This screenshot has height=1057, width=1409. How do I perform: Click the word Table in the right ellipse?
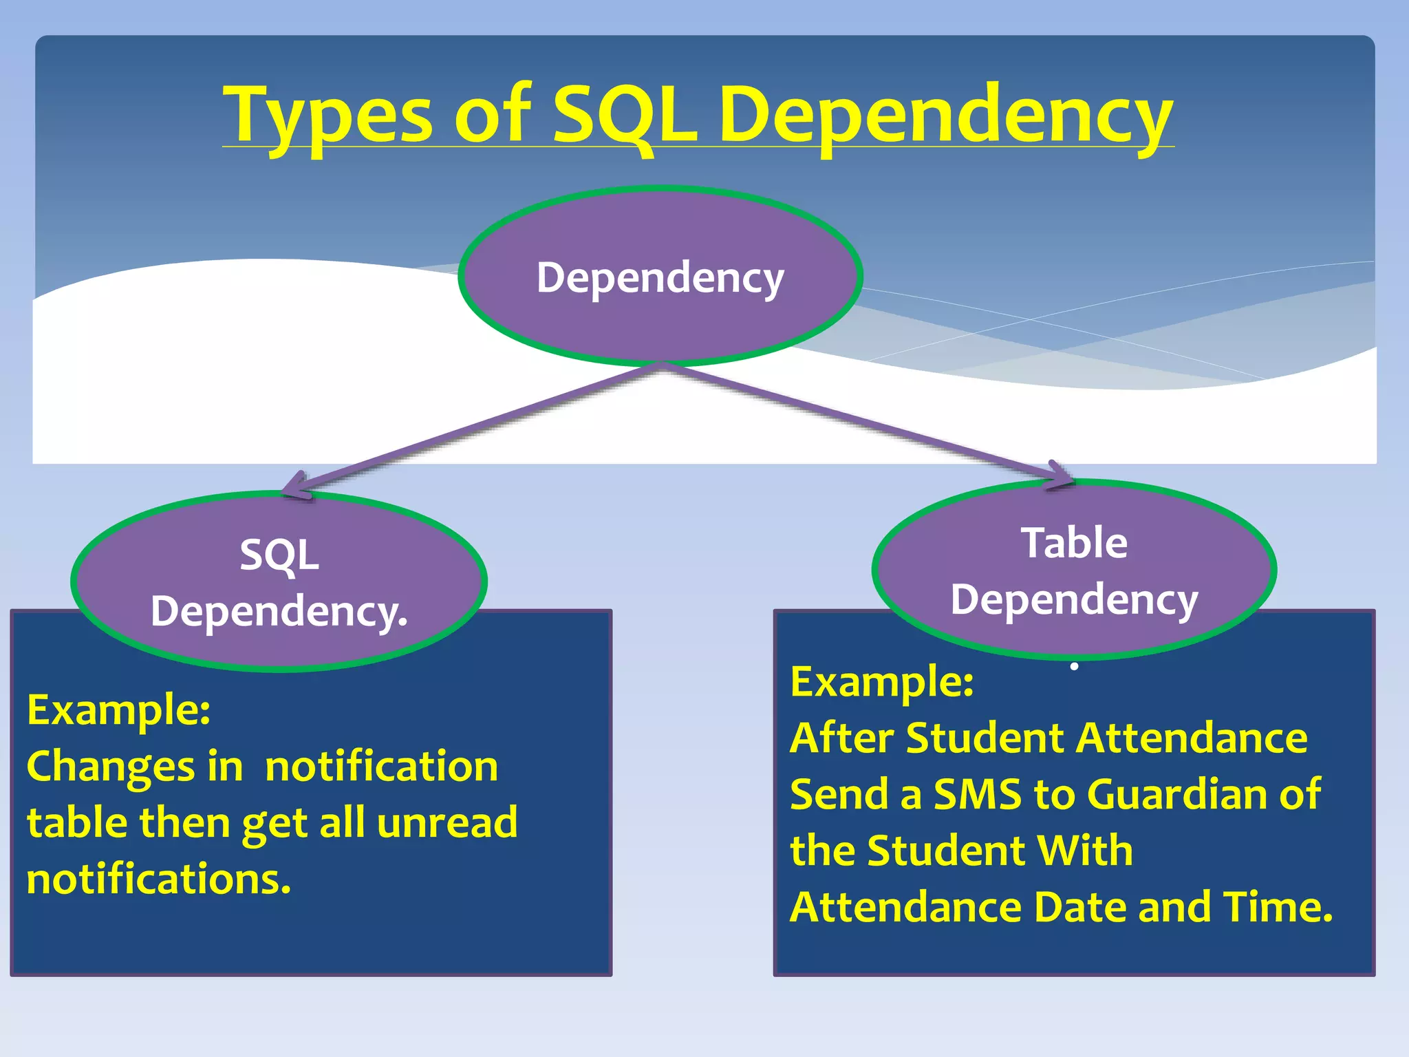[1074, 543]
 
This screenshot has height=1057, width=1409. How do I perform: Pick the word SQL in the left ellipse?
[279, 555]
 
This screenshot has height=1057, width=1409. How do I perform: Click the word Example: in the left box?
[118, 709]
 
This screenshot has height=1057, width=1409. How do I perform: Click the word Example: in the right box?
[882, 681]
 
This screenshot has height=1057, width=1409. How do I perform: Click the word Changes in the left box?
[111, 767]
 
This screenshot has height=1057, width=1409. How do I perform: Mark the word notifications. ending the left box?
[158, 879]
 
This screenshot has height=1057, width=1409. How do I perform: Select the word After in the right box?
[842, 738]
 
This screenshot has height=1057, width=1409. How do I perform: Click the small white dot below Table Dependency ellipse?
[1074, 666]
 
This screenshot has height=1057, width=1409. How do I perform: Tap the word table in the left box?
[76, 822]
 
